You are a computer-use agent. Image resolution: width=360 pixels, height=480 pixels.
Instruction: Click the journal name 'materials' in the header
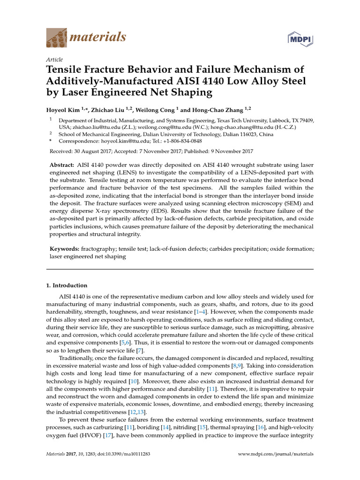(x=97, y=37)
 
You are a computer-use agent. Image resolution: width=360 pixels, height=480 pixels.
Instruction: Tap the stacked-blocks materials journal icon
(x=57, y=37)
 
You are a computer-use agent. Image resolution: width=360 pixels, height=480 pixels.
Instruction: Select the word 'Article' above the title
(x=54, y=60)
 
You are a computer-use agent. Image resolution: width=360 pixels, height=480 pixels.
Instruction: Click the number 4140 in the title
(x=217, y=81)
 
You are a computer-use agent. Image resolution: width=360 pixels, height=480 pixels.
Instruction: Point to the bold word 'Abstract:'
(x=62, y=166)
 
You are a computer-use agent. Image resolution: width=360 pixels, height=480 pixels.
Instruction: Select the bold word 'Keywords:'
(x=64, y=248)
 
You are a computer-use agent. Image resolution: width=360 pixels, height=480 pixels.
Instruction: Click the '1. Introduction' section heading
(x=67, y=285)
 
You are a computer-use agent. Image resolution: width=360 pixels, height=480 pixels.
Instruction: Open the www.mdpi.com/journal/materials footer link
(x=276, y=454)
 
